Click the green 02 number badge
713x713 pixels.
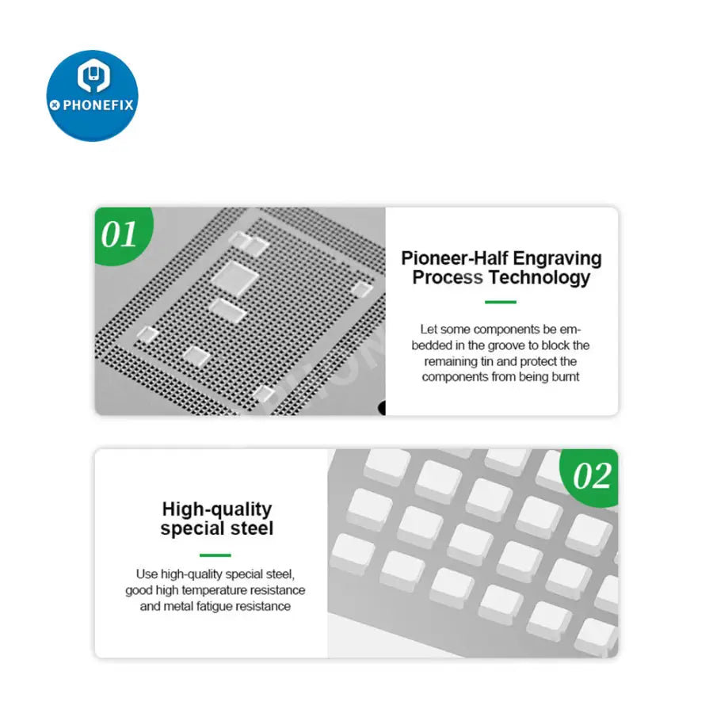592,477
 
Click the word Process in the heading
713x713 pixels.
448,277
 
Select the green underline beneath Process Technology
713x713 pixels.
500,302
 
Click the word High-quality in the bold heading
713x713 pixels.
216,509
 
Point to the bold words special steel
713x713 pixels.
216,528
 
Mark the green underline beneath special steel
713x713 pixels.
215,555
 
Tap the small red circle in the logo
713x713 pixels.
55,105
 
